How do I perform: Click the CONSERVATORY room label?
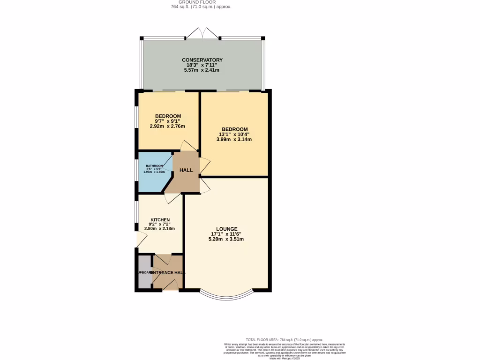[202, 60]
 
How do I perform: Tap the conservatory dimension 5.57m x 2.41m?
[202, 70]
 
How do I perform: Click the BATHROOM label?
[154, 166]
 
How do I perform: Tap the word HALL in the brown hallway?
[186, 170]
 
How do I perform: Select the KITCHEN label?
[160, 220]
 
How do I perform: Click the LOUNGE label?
[226, 229]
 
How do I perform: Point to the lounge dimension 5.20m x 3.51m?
[226, 239]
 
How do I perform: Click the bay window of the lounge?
[226, 295]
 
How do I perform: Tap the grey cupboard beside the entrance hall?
[145, 272]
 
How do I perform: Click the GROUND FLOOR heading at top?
[202, 2]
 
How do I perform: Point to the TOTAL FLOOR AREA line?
[285, 339]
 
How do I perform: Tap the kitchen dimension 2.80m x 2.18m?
[160, 229]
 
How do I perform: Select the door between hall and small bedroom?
[190, 146]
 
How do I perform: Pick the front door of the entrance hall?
[171, 285]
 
